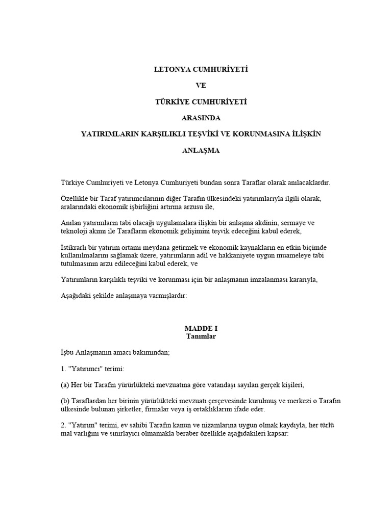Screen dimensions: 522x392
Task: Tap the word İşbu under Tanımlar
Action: [x=67, y=352]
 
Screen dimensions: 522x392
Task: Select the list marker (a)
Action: [x=64, y=385]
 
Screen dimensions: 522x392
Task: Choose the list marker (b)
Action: [x=65, y=401]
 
